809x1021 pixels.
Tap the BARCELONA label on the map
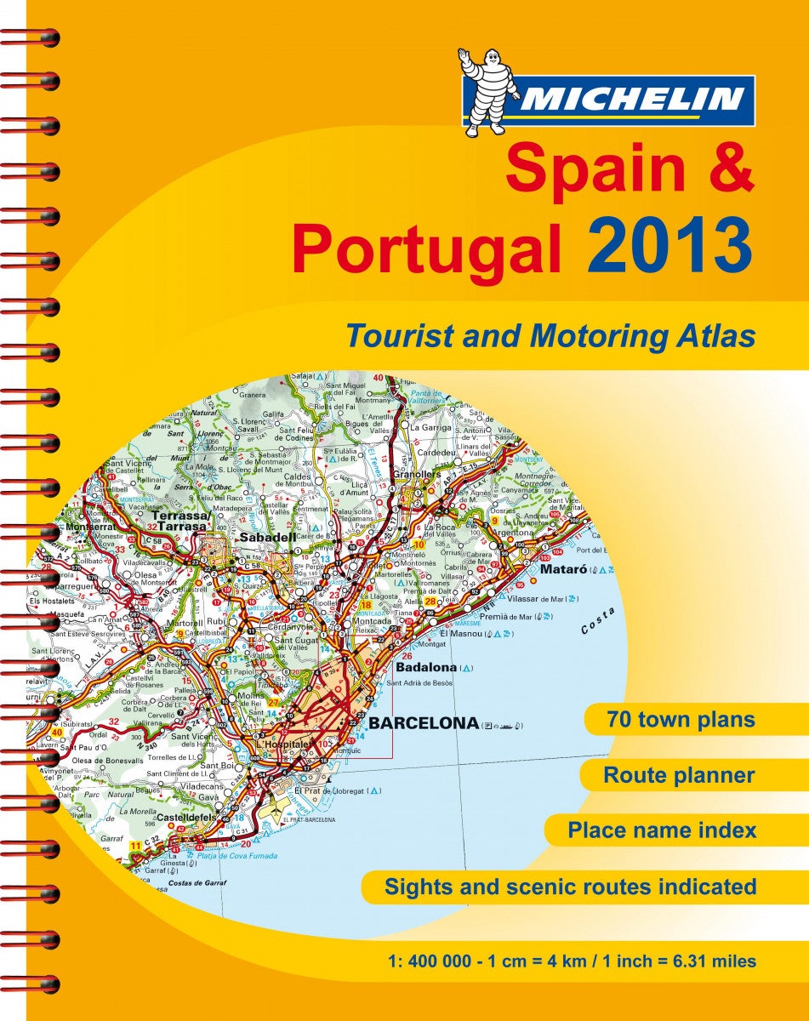coord(424,724)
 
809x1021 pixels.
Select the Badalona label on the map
coord(426,669)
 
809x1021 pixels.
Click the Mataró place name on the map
coord(557,569)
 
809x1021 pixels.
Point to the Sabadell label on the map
coord(267,538)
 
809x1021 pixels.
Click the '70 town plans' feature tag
coord(681,720)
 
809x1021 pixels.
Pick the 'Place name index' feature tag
coord(662,830)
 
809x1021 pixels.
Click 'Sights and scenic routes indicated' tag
coord(570,887)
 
